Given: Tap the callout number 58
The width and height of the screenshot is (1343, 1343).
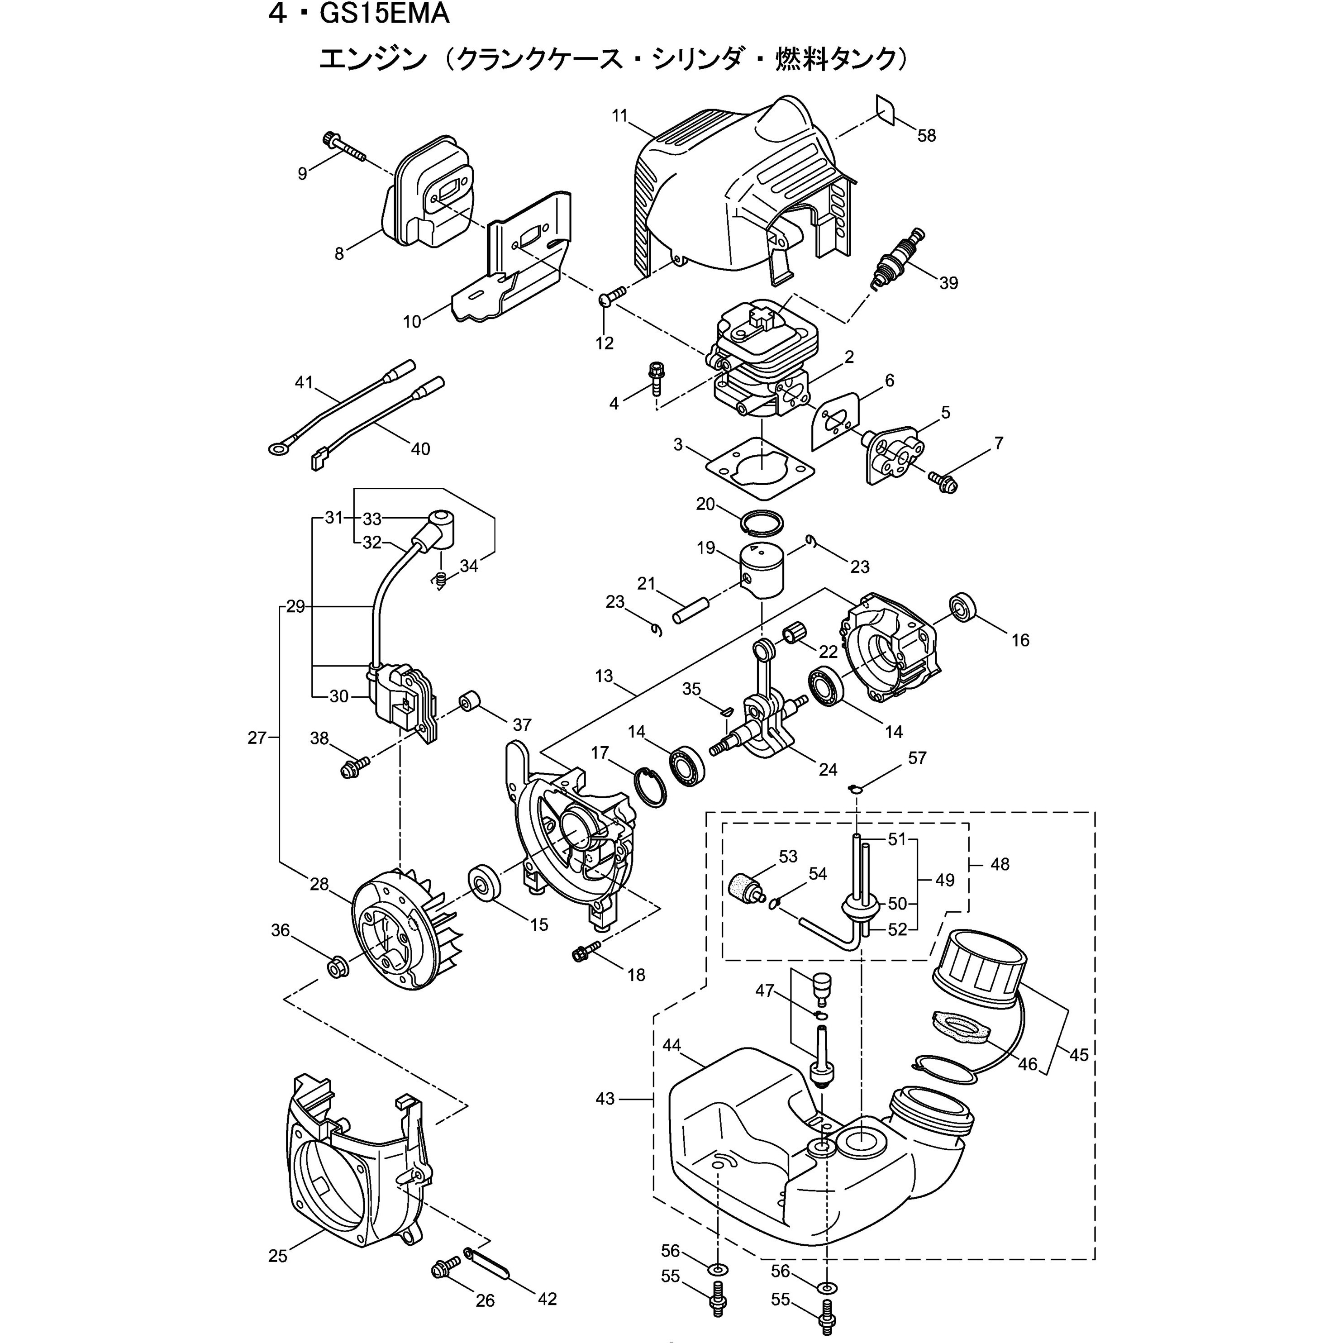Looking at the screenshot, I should point(927,136).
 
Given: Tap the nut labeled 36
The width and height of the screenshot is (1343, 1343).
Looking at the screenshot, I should point(338,967).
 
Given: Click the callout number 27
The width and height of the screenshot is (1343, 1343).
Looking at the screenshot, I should point(257,738).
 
